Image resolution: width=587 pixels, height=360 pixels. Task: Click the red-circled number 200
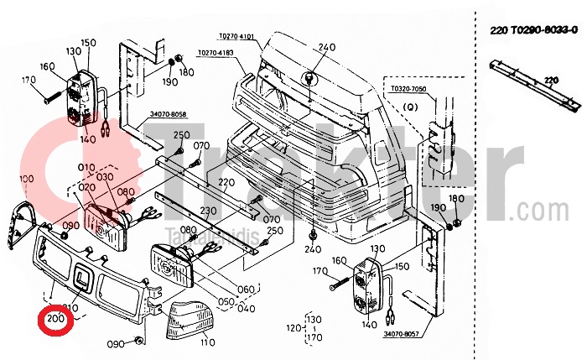coord(56,319)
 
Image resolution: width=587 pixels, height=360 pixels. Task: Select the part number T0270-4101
coord(236,37)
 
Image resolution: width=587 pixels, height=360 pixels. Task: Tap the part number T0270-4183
coord(216,53)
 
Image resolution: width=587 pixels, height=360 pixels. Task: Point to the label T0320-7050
coord(408,88)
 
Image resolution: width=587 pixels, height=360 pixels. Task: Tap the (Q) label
coord(410,107)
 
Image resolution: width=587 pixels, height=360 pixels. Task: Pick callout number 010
coord(86,165)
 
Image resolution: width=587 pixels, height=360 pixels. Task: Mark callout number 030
coord(106,177)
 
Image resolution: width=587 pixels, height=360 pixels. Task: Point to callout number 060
coord(246,290)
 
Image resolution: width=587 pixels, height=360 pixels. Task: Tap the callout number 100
coord(26,179)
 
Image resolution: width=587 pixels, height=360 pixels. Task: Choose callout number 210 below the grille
coord(71,308)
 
